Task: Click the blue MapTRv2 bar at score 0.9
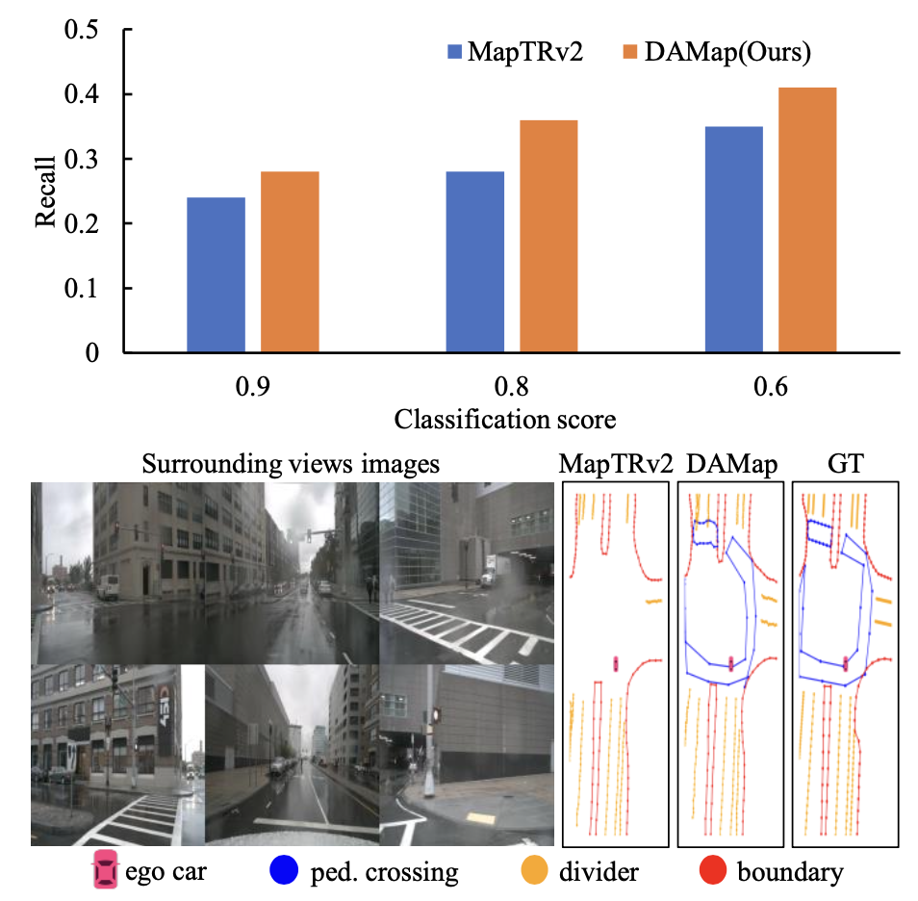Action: coord(216,275)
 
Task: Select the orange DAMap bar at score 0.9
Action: coord(290,262)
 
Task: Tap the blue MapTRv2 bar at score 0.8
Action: coord(475,262)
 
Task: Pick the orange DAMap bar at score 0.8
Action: coord(548,237)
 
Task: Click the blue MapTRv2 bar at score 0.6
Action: coord(734,240)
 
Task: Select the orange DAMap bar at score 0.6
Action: coord(807,220)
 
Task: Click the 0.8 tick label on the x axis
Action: coord(513,389)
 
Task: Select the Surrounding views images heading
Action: coord(291,463)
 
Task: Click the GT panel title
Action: coord(844,464)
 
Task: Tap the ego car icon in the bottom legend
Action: coord(104,871)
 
